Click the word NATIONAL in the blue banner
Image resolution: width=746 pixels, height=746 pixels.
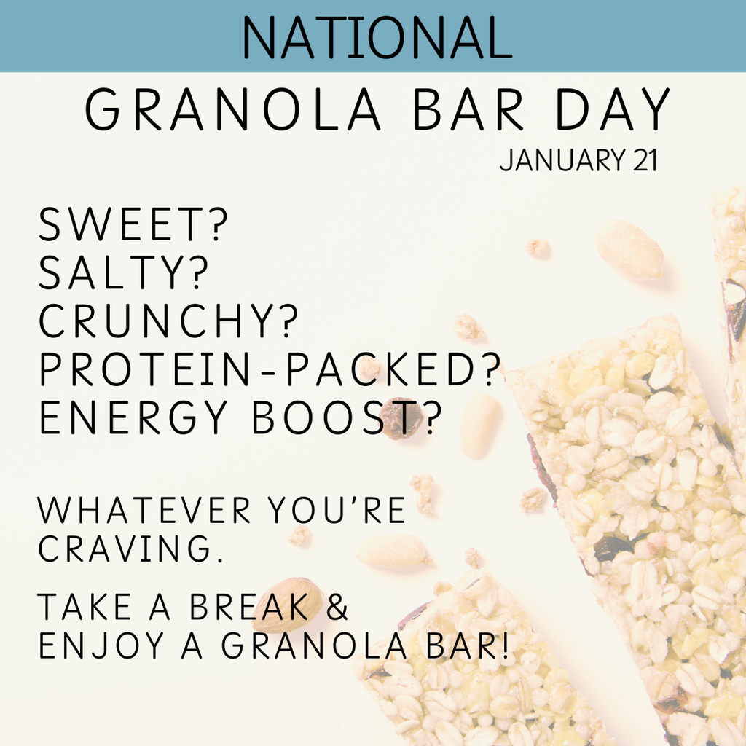(x=377, y=37)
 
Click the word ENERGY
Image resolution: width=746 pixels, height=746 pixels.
(x=134, y=419)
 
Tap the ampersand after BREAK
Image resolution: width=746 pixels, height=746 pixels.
(x=337, y=608)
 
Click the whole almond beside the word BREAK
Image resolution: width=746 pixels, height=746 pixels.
(x=288, y=604)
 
